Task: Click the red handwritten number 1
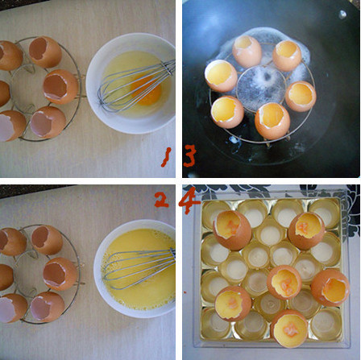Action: tap(167, 157)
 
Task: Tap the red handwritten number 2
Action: tap(162, 201)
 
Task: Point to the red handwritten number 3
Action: tap(189, 155)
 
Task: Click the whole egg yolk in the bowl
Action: tap(147, 91)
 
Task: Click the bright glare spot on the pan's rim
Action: tap(342, 14)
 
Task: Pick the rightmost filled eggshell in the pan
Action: tap(301, 96)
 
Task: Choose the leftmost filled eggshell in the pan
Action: tap(221, 76)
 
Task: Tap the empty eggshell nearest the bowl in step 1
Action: tap(60, 86)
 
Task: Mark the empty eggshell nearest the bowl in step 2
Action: tap(60, 274)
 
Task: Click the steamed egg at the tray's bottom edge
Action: tap(289, 329)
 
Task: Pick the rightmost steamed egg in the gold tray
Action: tap(330, 288)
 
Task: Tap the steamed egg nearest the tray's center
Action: tap(284, 283)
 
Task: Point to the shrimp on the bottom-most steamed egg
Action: tap(291, 330)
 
